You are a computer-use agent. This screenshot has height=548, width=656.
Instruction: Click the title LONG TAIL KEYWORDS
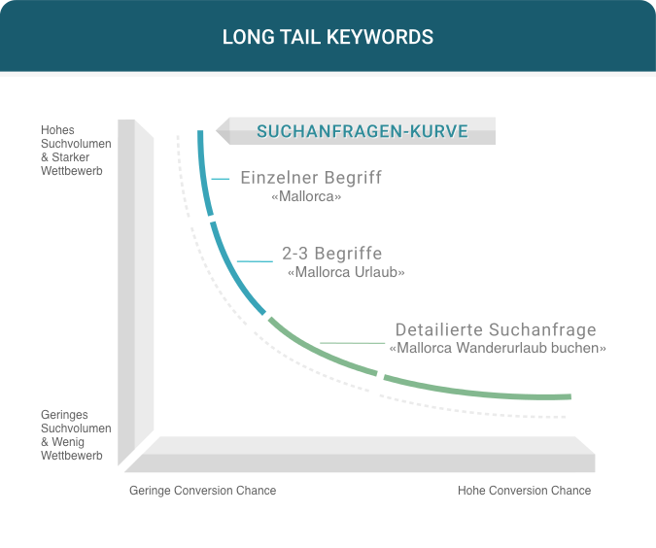[x=328, y=37]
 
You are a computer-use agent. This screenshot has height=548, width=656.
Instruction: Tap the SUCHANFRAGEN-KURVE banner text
[x=363, y=131]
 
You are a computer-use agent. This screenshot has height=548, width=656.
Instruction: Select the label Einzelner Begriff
[x=311, y=178]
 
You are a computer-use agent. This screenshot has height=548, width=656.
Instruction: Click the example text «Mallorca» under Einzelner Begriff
[x=306, y=196]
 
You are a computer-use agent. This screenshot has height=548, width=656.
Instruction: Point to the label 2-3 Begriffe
[x=331, y=254]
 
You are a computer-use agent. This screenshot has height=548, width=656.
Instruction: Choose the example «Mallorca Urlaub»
[x=346, y=272]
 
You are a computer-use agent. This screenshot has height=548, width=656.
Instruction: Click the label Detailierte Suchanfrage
[x=496, y=329]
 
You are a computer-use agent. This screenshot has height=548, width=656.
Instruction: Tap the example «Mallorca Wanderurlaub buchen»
[x=498, y=348]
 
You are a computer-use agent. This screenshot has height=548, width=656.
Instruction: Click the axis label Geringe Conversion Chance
[x=202, y=491]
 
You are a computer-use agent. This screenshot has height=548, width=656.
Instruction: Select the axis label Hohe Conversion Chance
[x=524, y=491]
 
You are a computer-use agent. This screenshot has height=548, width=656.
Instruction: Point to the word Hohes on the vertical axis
[x=57, y=130]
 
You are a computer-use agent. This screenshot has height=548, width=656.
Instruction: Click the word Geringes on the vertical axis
[x=64, y=415]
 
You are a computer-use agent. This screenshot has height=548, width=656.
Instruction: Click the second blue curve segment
[x=233, y=270]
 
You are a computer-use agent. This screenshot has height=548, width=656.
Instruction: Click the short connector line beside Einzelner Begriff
[x=221, y=179]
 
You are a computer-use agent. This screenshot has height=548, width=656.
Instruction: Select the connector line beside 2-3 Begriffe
[x=255, y=261]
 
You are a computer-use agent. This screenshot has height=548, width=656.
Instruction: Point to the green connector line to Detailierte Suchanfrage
[x=352, y=343]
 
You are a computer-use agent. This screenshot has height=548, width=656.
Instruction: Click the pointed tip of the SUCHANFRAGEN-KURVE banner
[x=217, y=131]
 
